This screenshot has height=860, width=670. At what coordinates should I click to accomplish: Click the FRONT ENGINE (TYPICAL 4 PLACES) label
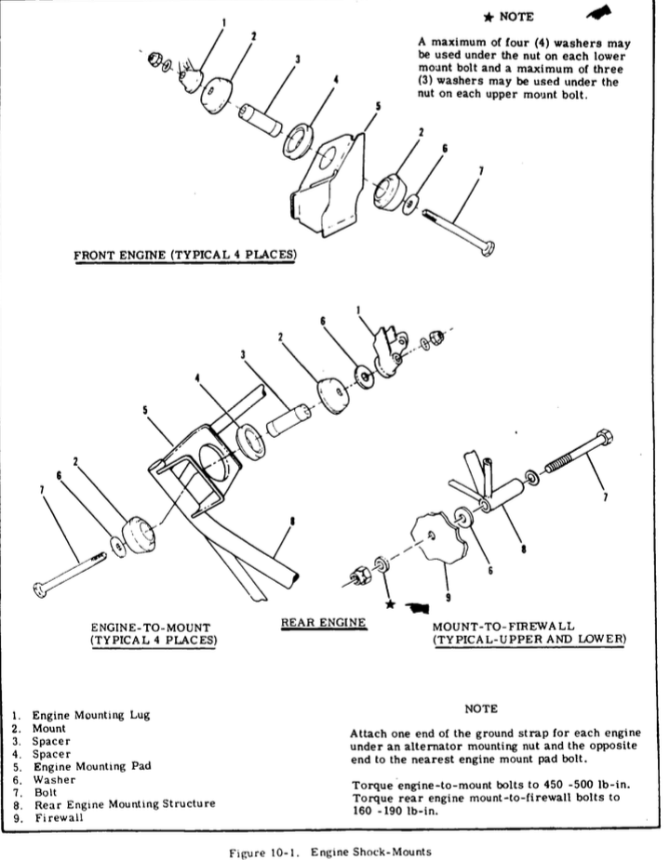185,254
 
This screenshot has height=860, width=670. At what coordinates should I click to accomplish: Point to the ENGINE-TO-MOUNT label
151,627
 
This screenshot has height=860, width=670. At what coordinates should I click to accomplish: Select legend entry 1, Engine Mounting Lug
83,715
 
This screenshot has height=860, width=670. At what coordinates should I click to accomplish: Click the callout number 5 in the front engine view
378,106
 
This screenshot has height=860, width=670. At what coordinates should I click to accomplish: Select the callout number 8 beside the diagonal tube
294,523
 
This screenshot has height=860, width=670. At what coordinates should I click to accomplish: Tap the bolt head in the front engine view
488,247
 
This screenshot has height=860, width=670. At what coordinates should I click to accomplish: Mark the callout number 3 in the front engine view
297,59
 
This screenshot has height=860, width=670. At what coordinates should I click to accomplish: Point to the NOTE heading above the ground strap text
481,708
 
